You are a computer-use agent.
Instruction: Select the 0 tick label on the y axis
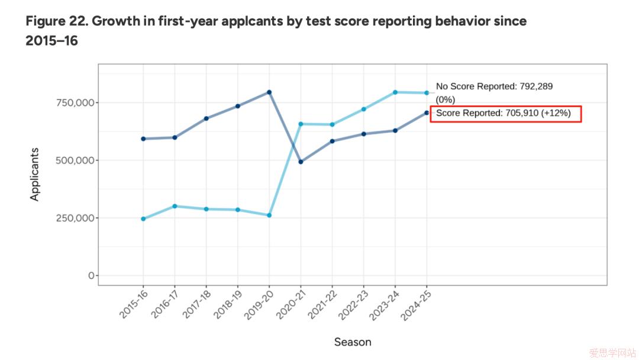click(91, 276)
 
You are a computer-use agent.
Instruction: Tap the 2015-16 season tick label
click(132, 306)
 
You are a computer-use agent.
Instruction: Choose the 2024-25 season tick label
click(415, 306)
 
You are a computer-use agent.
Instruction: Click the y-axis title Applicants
click(35, 175)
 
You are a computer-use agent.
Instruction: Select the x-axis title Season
click(353, 342)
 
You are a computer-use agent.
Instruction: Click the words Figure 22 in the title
click(56, 22)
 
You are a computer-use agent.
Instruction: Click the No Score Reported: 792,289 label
click(494, 86)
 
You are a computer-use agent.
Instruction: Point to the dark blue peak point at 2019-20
click(269, 92)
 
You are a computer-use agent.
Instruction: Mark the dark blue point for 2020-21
click(301, 162)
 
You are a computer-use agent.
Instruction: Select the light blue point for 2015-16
click(143, 219)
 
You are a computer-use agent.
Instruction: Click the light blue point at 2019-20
click(269, 216)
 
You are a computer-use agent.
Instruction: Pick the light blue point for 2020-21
click(301, 124)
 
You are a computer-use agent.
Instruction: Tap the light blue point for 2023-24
click(395, 92)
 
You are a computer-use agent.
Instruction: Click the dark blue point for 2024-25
click(427, 112)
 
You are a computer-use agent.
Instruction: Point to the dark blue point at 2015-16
click(143, 139)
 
